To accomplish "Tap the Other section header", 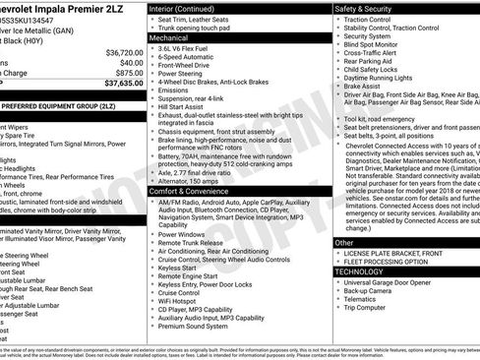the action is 345,241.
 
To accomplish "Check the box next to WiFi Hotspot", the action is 154,301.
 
